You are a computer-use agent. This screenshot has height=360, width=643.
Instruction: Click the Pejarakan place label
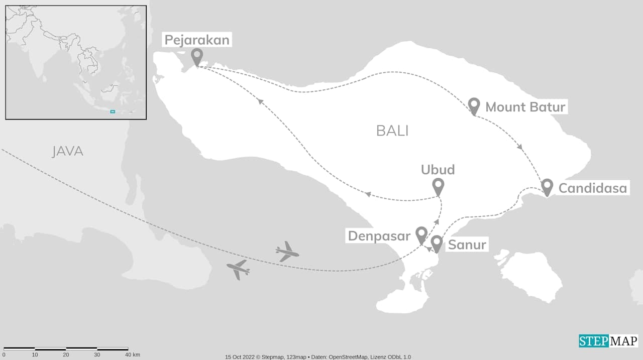tap(197, 40)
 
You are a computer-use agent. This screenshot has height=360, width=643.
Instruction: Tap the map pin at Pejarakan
tap(197, 56)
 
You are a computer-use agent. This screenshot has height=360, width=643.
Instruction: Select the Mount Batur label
tap(525, 107)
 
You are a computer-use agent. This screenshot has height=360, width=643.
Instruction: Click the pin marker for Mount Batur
tap(474, 105)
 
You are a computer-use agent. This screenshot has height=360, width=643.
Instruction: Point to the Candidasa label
tap(593, 188)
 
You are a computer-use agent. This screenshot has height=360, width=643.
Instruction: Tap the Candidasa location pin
tap(547, 186)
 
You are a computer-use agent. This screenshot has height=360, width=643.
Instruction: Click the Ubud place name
tap(438, 170)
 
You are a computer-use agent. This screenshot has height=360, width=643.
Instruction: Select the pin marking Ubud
tap(439, 186)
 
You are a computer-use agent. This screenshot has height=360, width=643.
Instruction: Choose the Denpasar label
tap(379, 235)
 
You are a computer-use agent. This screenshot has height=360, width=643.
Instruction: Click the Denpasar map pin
tap(421, 234)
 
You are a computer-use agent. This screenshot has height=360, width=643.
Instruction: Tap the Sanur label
tap(467, 245)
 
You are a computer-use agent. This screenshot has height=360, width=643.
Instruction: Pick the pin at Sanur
tap(437, 243)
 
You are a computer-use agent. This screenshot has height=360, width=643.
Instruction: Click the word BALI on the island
tap(392, 131)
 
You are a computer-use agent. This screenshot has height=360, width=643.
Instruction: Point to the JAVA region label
tap(67, 151)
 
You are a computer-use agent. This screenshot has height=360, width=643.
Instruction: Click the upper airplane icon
tap(287, 251)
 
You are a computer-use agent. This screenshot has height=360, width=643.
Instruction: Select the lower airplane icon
tap(238, 270)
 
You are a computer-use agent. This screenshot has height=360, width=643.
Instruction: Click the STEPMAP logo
tap(608, 341)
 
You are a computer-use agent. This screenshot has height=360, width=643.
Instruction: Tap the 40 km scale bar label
tap(133, 354)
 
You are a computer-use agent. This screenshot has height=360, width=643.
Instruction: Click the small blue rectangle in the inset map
tap(113, 111)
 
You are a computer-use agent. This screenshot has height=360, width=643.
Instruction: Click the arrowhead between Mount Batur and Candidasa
tap(520, 147)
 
